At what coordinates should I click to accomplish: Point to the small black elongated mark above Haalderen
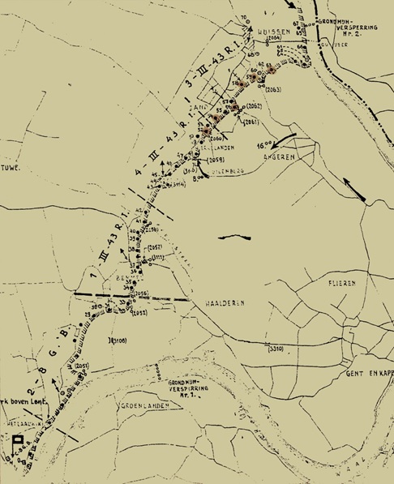(237, 238)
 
